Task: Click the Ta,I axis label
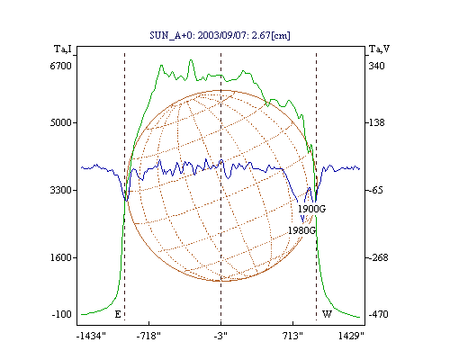63,49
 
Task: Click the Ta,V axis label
379,49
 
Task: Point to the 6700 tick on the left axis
61,66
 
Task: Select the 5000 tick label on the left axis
61,122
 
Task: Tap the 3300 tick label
61,190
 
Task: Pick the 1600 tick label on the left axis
61,257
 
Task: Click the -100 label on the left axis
62,314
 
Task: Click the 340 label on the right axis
376,66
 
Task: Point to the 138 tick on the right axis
376,122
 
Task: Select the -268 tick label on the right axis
378,257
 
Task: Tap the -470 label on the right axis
378,314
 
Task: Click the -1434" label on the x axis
91,336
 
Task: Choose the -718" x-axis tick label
148,336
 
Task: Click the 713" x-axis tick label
292,336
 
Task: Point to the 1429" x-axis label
351,336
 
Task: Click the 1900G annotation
311,209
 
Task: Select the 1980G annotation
302,230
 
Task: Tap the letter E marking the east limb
118,314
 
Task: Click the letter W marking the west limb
327,314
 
